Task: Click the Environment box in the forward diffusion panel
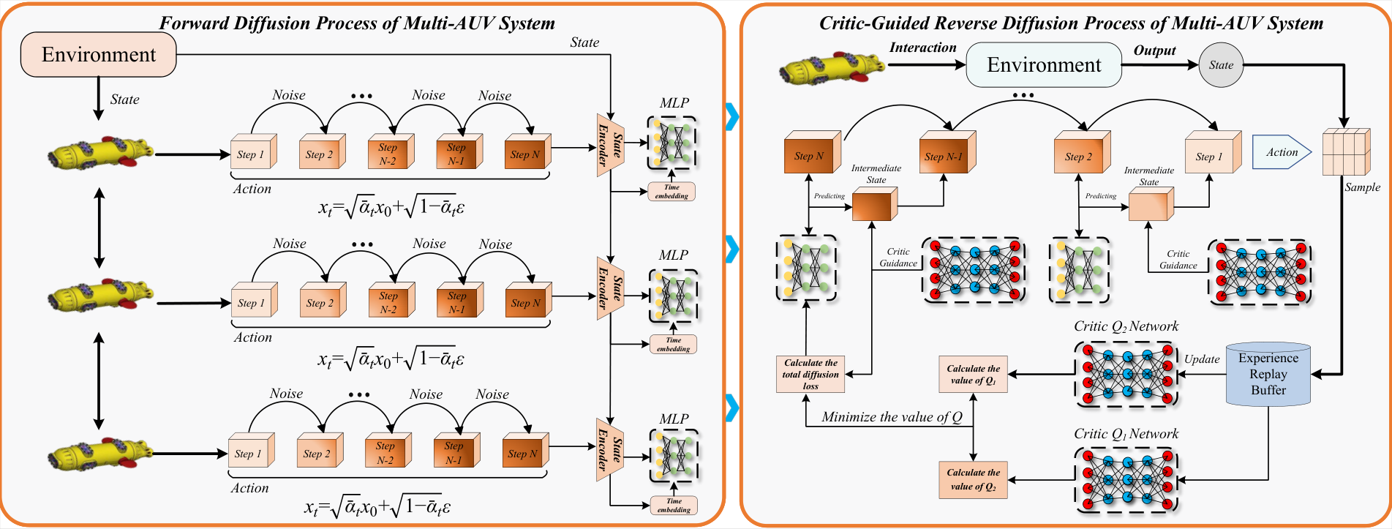point(99,54)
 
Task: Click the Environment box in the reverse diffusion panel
point(1044,64)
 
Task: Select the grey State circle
point(1221,65)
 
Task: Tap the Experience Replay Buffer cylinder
point(1268,374)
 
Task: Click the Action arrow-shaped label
point(1282,152)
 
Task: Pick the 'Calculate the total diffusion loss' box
point(810,374)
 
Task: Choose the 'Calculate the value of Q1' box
point(973,374)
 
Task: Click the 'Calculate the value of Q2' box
point(973,480)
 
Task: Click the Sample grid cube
point(1346,152)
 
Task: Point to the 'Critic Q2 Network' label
point(1126,326)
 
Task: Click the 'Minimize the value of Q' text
point(892,417)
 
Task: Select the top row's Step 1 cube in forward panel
point(254,151)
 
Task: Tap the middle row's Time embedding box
point(673,344)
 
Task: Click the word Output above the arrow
point(1154,50)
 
